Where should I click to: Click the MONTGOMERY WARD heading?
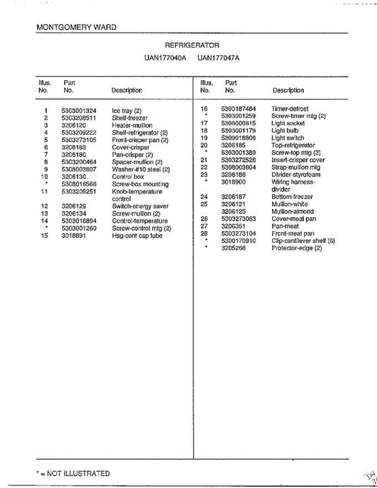[76, 28]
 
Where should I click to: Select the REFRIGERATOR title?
[192, 46]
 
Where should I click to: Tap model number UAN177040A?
[165, 58]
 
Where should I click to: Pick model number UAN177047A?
[218, 58]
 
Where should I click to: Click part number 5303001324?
[79, 111]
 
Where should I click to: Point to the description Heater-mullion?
[132, 125]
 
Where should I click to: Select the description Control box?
[128, 177]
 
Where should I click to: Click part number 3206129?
[74, 206]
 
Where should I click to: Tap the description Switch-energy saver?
[140, 206]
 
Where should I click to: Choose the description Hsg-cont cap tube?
[137, 236]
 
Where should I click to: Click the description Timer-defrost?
[290, 109]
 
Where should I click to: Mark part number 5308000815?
[238, 123]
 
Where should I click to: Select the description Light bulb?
[285, 131]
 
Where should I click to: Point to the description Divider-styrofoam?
[296, 175]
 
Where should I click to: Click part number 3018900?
[233, 182]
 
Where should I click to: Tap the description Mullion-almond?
[292, 211]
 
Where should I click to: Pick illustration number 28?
[204, 233]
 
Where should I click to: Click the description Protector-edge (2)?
[296, 248]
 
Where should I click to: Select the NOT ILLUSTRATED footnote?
[73, 473]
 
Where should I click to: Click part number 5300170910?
[238, 241]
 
